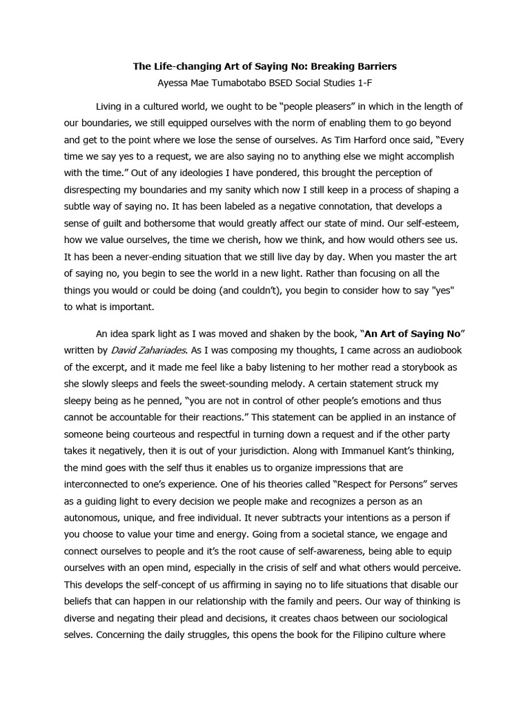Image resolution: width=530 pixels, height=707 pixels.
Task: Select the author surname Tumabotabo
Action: point(246,84)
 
